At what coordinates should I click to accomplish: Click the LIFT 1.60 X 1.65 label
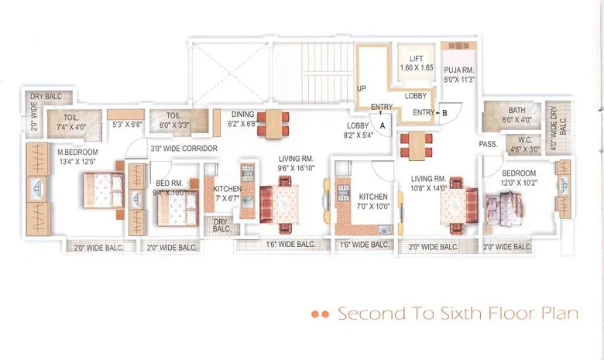(x=417, y=63)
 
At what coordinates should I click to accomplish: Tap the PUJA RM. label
(x=458, y=74)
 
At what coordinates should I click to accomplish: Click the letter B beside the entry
(x=444, y=113)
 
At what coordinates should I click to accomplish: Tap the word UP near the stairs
(x=361, y=89)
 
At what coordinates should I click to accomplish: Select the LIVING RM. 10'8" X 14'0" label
(x=431, y=183)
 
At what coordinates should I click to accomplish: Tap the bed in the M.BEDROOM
(x=101, y=188)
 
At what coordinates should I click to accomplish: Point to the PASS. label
(x=488, y=144)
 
